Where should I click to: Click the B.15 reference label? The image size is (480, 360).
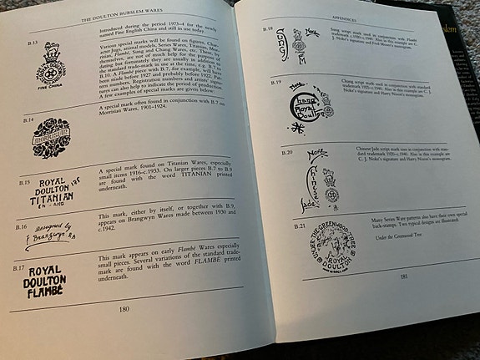pyautogui.click(x=24, y=180)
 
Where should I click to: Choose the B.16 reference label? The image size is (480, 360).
pyautogui.click(x=23, y=226)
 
